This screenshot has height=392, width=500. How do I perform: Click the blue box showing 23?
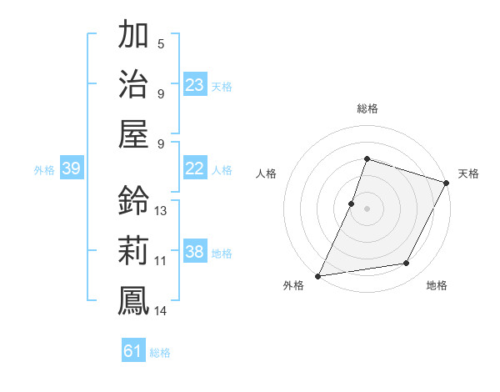point(195,84)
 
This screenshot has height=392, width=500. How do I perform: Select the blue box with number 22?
point(195,168)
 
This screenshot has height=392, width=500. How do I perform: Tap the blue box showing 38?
point(195,252)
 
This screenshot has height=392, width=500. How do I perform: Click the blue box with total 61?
point(133,351)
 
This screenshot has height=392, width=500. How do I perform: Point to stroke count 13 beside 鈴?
point(161,211)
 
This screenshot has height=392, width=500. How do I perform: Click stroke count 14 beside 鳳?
point(161,310)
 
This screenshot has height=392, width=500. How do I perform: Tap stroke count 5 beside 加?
point(161,43)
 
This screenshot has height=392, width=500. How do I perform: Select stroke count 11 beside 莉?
point(161,260)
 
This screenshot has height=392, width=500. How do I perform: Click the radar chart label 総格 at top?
point(367,108)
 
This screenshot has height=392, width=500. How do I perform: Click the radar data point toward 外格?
point(317,276)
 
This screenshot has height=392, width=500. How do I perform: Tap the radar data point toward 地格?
point(407,264)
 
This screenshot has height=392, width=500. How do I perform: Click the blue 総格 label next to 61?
point(160,353)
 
